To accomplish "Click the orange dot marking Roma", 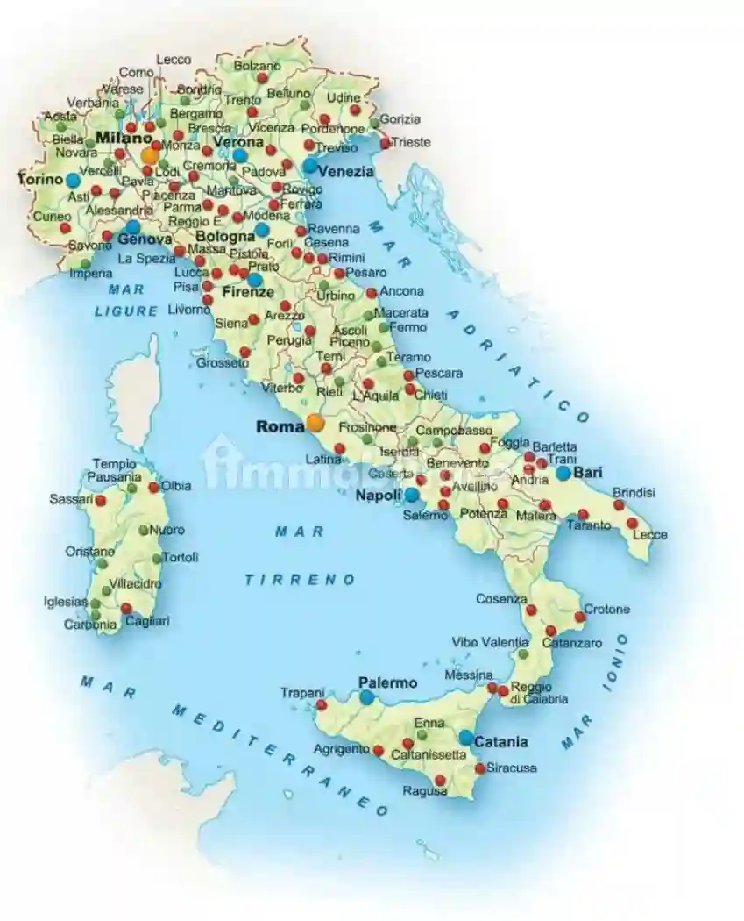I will pos(316,423).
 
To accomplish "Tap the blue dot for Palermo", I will pos(367,697).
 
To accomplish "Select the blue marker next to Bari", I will pos(563,473).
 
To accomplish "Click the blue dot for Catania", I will pos(465,738).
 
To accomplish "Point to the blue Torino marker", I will pos(73,179).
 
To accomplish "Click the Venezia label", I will pos(345,172).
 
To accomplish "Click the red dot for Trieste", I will pos(386,141).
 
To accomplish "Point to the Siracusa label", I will pos(510,768).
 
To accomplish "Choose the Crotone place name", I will pos(607,610).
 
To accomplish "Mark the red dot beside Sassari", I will pos(101,501).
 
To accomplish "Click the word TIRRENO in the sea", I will pos(301,580).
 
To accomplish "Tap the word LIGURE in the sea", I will pos(127,311).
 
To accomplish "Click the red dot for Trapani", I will pos(322,704).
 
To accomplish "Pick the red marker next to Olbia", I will pos(154,487).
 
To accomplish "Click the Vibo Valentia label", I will pos(490,642).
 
